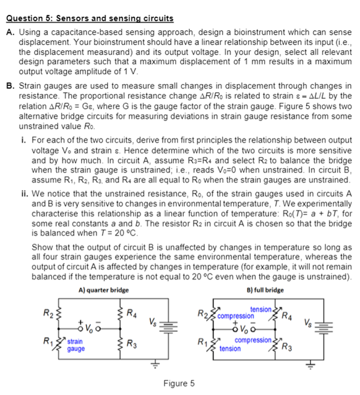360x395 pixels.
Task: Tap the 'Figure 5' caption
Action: (179, 383)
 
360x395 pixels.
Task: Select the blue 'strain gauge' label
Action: (76, 345)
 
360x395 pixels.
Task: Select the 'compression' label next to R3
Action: (251, 339)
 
